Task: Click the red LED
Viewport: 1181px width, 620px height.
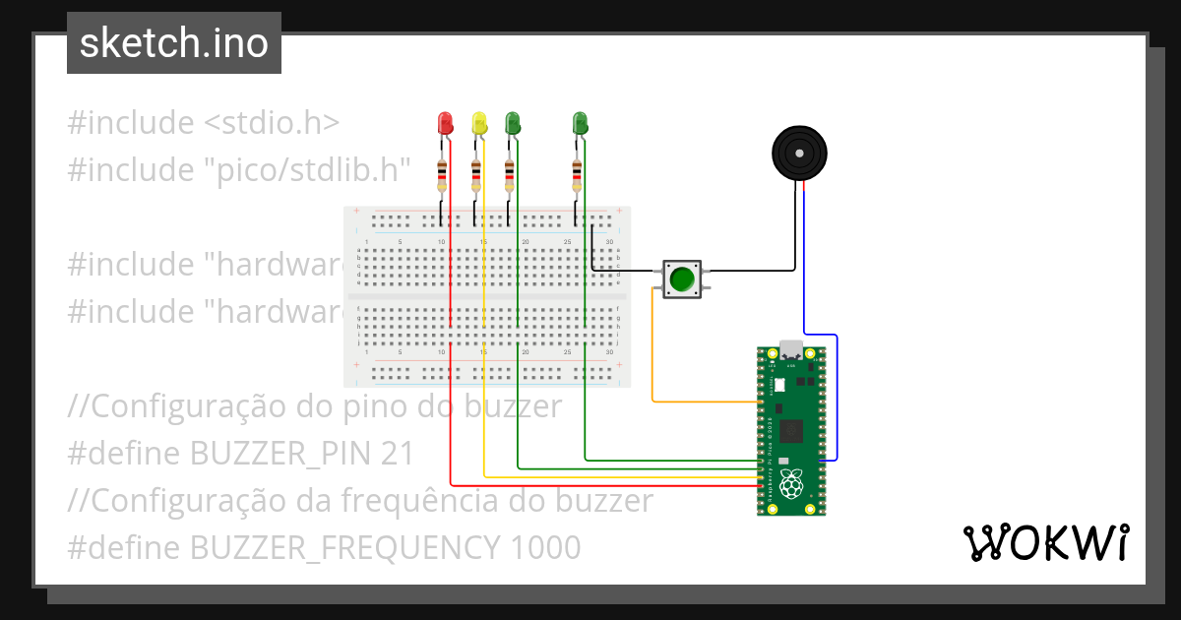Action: pyautogui.click(x=445, y=123)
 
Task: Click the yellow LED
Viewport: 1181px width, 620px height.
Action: pyautogui.click(x=479, y=123)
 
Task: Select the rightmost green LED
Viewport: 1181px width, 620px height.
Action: pyautogui.click(x=580, y=123)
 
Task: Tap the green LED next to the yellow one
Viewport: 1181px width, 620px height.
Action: pyautogui.click(x=512, y=123)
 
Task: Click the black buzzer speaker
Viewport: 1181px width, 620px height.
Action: pyautogui.click(x=798, y=154)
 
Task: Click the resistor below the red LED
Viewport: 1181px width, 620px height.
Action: pyautogui.click(x=442, y=176)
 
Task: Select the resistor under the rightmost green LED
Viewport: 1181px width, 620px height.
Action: pyautogui.click(x=577, y=176)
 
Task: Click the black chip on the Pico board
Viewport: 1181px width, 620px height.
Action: pyautogui.click(x=791, y=430)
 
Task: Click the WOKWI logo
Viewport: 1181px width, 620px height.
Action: pyautogui.click(x=1045, y=542)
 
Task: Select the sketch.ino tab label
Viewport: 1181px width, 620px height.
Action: pyautogui.click(x=174, y=43)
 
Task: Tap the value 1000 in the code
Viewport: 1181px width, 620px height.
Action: pyautogui.click(x=545, y=547)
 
